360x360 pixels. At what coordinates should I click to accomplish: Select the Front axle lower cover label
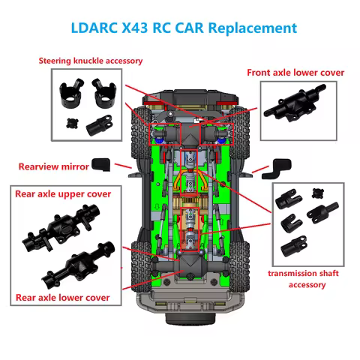pyautogui.click(x=295, y=72)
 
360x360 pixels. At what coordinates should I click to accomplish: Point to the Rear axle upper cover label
pyautogui.click(x=63, y=193)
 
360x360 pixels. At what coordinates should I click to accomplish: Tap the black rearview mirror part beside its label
pyautogui.click(x=101, y=163)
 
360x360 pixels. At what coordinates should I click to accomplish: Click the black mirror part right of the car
pyautogui.click(x=280, y=166)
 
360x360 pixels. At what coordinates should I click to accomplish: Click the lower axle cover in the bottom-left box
pyautogui.click(x=77, y=268)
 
